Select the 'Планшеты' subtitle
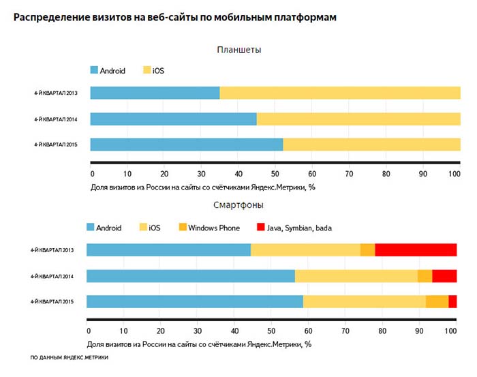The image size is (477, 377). (x=239, y=50)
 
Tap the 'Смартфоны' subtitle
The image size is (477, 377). (x=239, y=205)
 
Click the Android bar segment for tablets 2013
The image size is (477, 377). (x=155, y=93)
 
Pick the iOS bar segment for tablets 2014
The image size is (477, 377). (x=358, y=119)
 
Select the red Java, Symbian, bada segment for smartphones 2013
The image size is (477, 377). (x=416, y=250)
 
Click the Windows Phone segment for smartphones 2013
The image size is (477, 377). (x=367, y=250)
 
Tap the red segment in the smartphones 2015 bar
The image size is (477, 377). (x=452, y=301)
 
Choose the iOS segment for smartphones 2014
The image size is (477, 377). (x=356, y=275)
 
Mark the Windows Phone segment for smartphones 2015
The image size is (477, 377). (x=437, y=301)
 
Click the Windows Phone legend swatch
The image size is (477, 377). (x=182, y=227)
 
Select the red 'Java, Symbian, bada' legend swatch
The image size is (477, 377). (x=261, y=227)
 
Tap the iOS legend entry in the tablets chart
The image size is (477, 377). (x=154, y=71)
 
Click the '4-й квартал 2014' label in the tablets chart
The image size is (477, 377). (x=56, y=119)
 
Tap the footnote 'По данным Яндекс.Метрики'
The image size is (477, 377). (x=70, y=357)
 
